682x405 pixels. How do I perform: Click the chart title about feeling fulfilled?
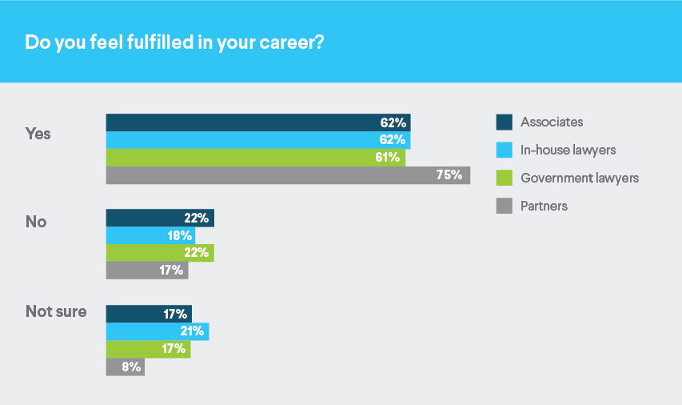(174, 42)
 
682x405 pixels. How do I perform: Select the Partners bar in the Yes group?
(288, 175)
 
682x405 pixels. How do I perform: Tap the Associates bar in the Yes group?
(257, 122)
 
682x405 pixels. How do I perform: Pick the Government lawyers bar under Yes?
(255, 158)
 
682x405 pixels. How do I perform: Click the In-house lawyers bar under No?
(150, 235)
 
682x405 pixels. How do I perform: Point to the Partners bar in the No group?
(147, 271)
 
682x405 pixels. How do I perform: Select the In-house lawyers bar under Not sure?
(158, 331)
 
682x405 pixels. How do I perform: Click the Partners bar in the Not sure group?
(126, 367)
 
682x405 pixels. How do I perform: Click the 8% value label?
(131, 367)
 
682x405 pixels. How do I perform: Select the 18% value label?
(179, 235)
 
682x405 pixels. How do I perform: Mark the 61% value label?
(387, 158)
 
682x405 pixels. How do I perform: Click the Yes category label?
(38, 134)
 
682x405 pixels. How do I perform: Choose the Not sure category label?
(56, 311)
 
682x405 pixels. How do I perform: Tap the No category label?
(36, 222)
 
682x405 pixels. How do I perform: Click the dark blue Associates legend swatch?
(504, 122)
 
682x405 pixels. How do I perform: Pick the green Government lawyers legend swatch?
(504, 178)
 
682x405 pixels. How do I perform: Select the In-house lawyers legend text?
(568, 150)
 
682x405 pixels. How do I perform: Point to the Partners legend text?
(544, 206)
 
